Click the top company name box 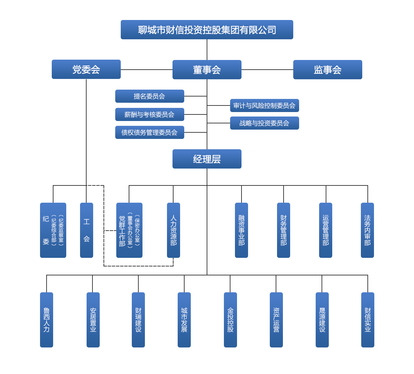pyautogui.click(x=207, y=30)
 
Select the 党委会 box pyautogui.click(x=86, y=69)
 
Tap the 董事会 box pyautogui.click(x=207, y=70)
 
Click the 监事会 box pyautogui.click(x=327, y=70)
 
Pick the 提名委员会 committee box pyautogui.click(x=149, y=96)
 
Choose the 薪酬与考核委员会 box pyautogui.click(x=149, y=114)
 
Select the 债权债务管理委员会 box pyautogui.click(x=149, y=132)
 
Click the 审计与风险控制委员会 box pyautogui.click(x=264, y=105)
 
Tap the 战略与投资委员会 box pyautogui.click(x=264, y=123)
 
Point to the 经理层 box pyautogui.click(x=207, y=159)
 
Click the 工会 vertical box pyautogui.click(x=87, y=230)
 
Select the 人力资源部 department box pyautogui.click(x=173, y=230)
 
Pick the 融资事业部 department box pyautogui.click(x=241, y=230)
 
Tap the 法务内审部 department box pyautogui.click(x=367, y=230)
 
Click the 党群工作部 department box pyautogui.click(x=129, y=230)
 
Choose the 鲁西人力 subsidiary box pyautogui.click(x=47, y=320)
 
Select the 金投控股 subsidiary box pyautogui.click(x=230, y=320)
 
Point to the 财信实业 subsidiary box pyautogui.click(x=368, y=320)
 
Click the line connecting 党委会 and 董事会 pyautogui.click(x=146, y=69)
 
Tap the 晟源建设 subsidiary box pyautogui.click(x=322, y=320)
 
